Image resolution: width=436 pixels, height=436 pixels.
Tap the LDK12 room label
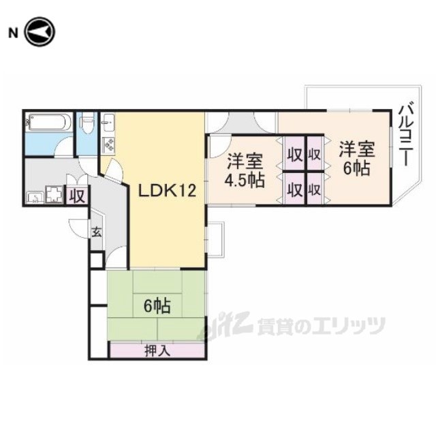coord(168,191)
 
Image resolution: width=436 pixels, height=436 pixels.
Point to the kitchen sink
coord(109,125)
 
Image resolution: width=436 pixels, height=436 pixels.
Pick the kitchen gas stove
coord(108,144)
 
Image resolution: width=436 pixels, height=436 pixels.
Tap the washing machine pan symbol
coord(53,196)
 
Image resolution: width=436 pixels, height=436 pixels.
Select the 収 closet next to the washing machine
coord(76,196)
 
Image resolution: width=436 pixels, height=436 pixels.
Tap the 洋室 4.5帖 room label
coord(245,172)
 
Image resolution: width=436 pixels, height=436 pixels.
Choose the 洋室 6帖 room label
coord(356,157)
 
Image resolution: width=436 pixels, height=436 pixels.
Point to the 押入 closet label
coord(156,351)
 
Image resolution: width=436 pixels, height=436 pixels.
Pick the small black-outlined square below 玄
coord(96,261)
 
